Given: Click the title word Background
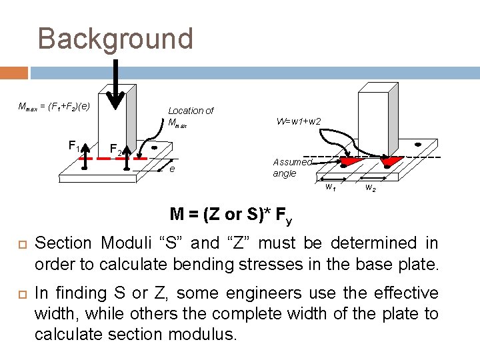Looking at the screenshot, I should click(x=115, y=39).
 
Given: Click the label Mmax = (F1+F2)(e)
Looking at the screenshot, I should click(x=53, y=106).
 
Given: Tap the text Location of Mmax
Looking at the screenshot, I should click(x=190, y=116).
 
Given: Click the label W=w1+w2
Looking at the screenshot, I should click(x=299, y=121).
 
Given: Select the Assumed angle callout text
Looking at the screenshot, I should click(x=291, y=167).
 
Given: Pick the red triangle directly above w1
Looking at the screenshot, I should click(x=351, y=162).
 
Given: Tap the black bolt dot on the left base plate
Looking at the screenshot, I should click(x=153, y=147).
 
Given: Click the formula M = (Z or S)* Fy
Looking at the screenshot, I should click(x=231, y=215).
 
